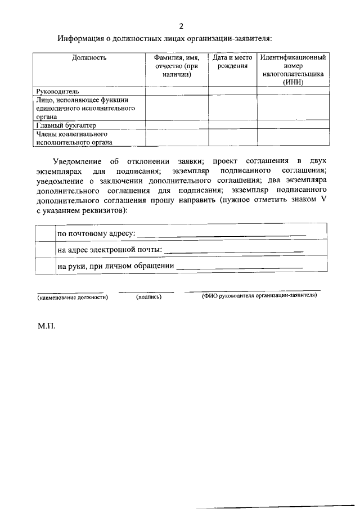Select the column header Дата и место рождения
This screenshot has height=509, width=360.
click(232, 62)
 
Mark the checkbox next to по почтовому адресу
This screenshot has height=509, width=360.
click(44, 233)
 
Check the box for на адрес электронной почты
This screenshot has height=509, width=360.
click(44, 249)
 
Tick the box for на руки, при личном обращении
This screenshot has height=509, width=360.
click(44, 265)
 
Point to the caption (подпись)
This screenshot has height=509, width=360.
click(149, 296)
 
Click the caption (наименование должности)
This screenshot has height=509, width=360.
click(73, 296)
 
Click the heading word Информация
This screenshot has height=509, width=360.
click(82, 39)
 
